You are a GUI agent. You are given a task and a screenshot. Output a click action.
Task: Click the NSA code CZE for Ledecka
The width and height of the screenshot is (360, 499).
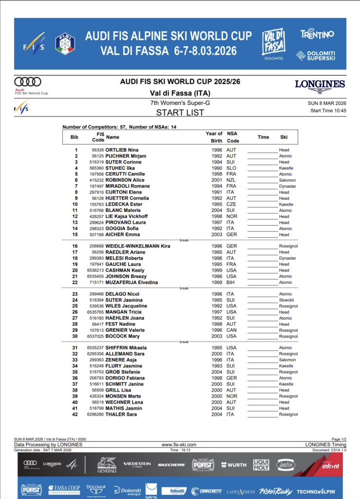[231, 204]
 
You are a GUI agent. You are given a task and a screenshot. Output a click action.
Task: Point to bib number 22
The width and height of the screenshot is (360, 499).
[75, 283]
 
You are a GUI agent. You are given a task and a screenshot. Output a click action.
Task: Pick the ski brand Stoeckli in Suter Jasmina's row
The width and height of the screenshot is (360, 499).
[286, 300]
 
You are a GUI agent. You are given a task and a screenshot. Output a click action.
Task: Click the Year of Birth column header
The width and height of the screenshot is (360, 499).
[214, 137]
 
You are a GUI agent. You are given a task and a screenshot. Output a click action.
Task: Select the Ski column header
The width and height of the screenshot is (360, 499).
[284, 137]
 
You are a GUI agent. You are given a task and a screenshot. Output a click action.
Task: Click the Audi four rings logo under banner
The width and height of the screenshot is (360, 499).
[28, 82]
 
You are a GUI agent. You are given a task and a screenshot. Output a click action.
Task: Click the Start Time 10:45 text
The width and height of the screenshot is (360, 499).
[328, 111]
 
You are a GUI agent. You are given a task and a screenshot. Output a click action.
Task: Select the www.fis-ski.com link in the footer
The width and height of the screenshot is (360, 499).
[179, 444]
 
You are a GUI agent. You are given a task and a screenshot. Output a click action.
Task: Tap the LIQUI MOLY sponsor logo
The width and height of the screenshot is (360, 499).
[261, 465]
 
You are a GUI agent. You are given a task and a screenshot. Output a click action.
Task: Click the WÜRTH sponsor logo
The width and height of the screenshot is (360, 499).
[233, 465]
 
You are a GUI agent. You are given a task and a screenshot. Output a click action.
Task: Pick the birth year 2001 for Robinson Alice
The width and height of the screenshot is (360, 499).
[217, 180]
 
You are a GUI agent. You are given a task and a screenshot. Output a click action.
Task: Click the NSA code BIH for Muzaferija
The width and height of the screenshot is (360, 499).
[231, 283]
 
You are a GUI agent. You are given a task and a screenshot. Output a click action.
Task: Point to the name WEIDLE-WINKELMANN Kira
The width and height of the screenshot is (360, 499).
[138, 247]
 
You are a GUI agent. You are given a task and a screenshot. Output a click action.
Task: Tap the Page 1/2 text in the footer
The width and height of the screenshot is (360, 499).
[336, 439]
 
